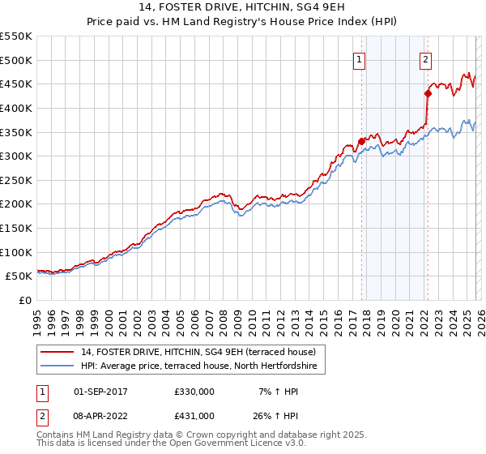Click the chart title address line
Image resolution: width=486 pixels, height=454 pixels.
[243, 9]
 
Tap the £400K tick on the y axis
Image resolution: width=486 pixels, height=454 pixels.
[16, 108]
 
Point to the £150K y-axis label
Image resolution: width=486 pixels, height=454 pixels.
[16, 229]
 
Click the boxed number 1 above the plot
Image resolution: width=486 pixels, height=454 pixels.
[359, 58]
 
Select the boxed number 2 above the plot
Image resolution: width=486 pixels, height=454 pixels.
[425, 58]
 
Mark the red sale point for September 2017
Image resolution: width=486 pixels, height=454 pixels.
[361, 142]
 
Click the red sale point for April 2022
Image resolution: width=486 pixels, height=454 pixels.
[428, 93]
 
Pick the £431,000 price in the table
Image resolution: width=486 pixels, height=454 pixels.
[194, 415]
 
